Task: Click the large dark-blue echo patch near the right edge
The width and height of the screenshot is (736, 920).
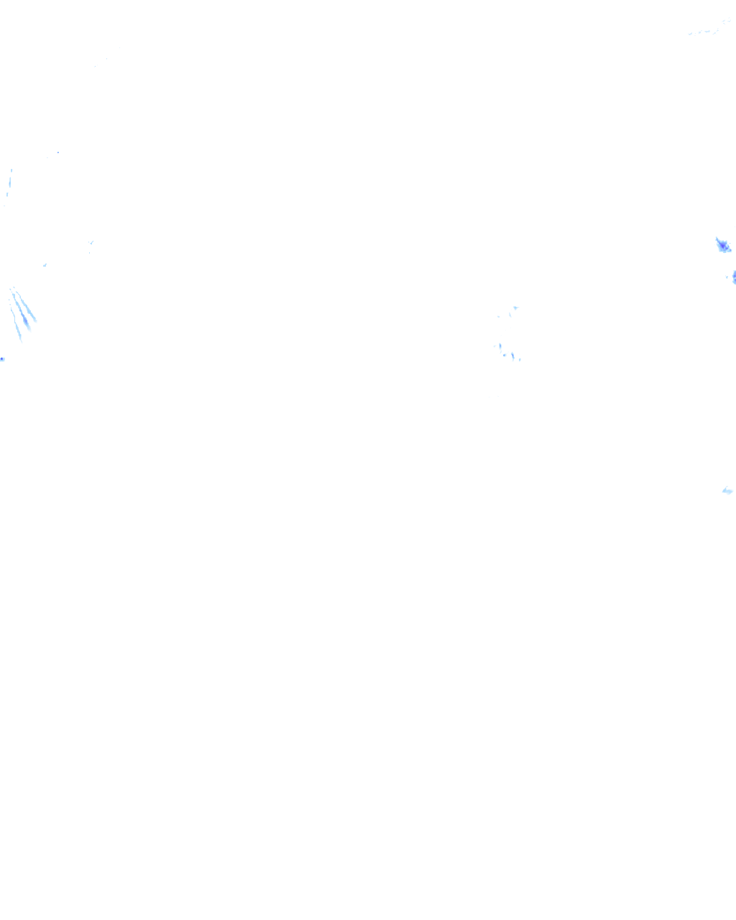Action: [723, 246]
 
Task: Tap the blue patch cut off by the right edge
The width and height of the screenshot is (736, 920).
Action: [734, 277]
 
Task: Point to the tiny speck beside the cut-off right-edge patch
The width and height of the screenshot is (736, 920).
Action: [727, 277]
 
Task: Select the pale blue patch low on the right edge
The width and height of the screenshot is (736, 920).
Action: [727, 491]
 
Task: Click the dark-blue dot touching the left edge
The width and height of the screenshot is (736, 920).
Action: [2, 359]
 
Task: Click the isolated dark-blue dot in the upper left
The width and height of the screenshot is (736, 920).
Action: [58, 152]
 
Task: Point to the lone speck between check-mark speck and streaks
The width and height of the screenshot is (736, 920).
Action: [45, 265]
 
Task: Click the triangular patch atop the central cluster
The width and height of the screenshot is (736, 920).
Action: [515, 308]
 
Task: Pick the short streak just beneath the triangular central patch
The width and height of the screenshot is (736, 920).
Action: [511, 314]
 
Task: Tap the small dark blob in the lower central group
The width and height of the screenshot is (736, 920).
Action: [505, 354]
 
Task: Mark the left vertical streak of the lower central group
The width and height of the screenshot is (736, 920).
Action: [500, 346]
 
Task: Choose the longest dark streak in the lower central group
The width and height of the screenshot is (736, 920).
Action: [512, 356]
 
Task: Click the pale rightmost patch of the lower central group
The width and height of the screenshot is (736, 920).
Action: [520, 359]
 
